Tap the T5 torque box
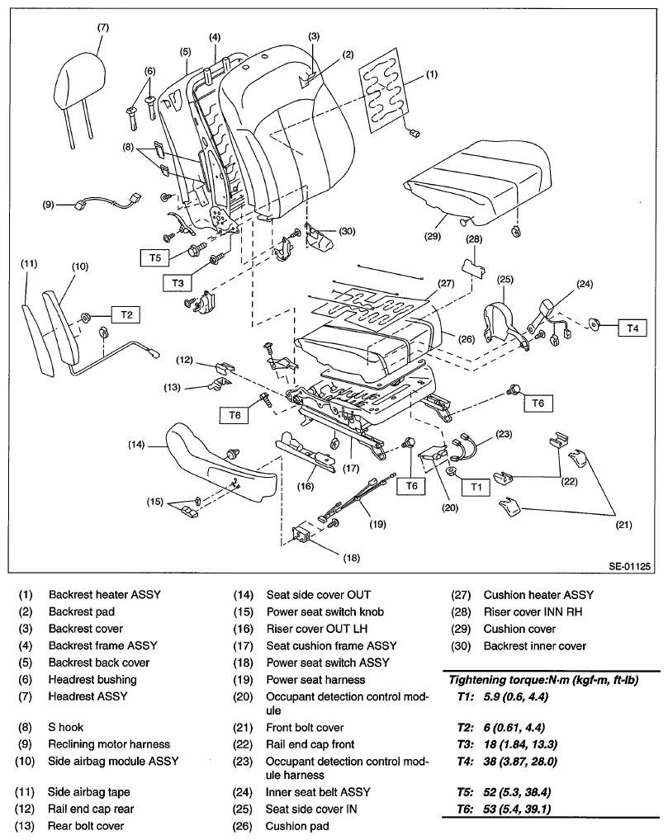point(155,257)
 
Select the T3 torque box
point(178,283)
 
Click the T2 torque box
point(126,315)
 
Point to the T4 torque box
point(632,328)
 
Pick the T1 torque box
point(476,487)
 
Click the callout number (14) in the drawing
point(137,444)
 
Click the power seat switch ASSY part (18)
point(301,536)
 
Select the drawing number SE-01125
point(630,566)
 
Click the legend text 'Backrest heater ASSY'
point(105,595)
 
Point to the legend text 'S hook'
point(65,727)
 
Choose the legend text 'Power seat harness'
point(315,680)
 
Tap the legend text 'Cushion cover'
point(519,629)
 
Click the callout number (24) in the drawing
point(585,284)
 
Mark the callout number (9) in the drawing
point(48,204)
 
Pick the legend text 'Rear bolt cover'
point(86,826)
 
